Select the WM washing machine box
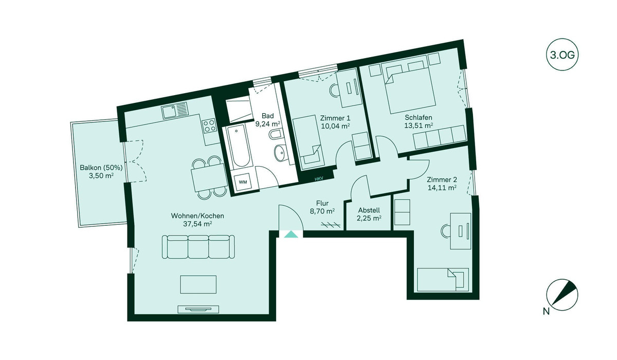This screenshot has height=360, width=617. pyautogui.click(x=243, y=182)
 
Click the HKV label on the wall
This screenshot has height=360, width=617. pyautogui.click(x=319, y=179)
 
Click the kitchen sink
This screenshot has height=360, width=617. pyautogui.click(x=174, y=111)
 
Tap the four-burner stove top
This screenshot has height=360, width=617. pyautogui.click(x=209, y=126)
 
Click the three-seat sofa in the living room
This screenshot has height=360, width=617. pyautogui.click(x=198, y=247)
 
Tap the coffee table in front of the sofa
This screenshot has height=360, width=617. pyautogui.click(x=198, y=284)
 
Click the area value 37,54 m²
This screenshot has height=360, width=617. pyautogui.click(x=197, y=224)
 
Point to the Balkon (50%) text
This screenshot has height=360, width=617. pyautogui.click(x=101, y=168)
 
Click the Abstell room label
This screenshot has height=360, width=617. pyautogui.click(x=369, y=210)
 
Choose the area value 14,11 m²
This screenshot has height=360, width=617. pyautogui.click(x=442, y=188)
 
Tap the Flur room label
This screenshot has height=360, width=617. pyautogui.click(x=322, y=204)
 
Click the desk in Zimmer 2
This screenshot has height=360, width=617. pyautogui.click(x=461, y=231)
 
